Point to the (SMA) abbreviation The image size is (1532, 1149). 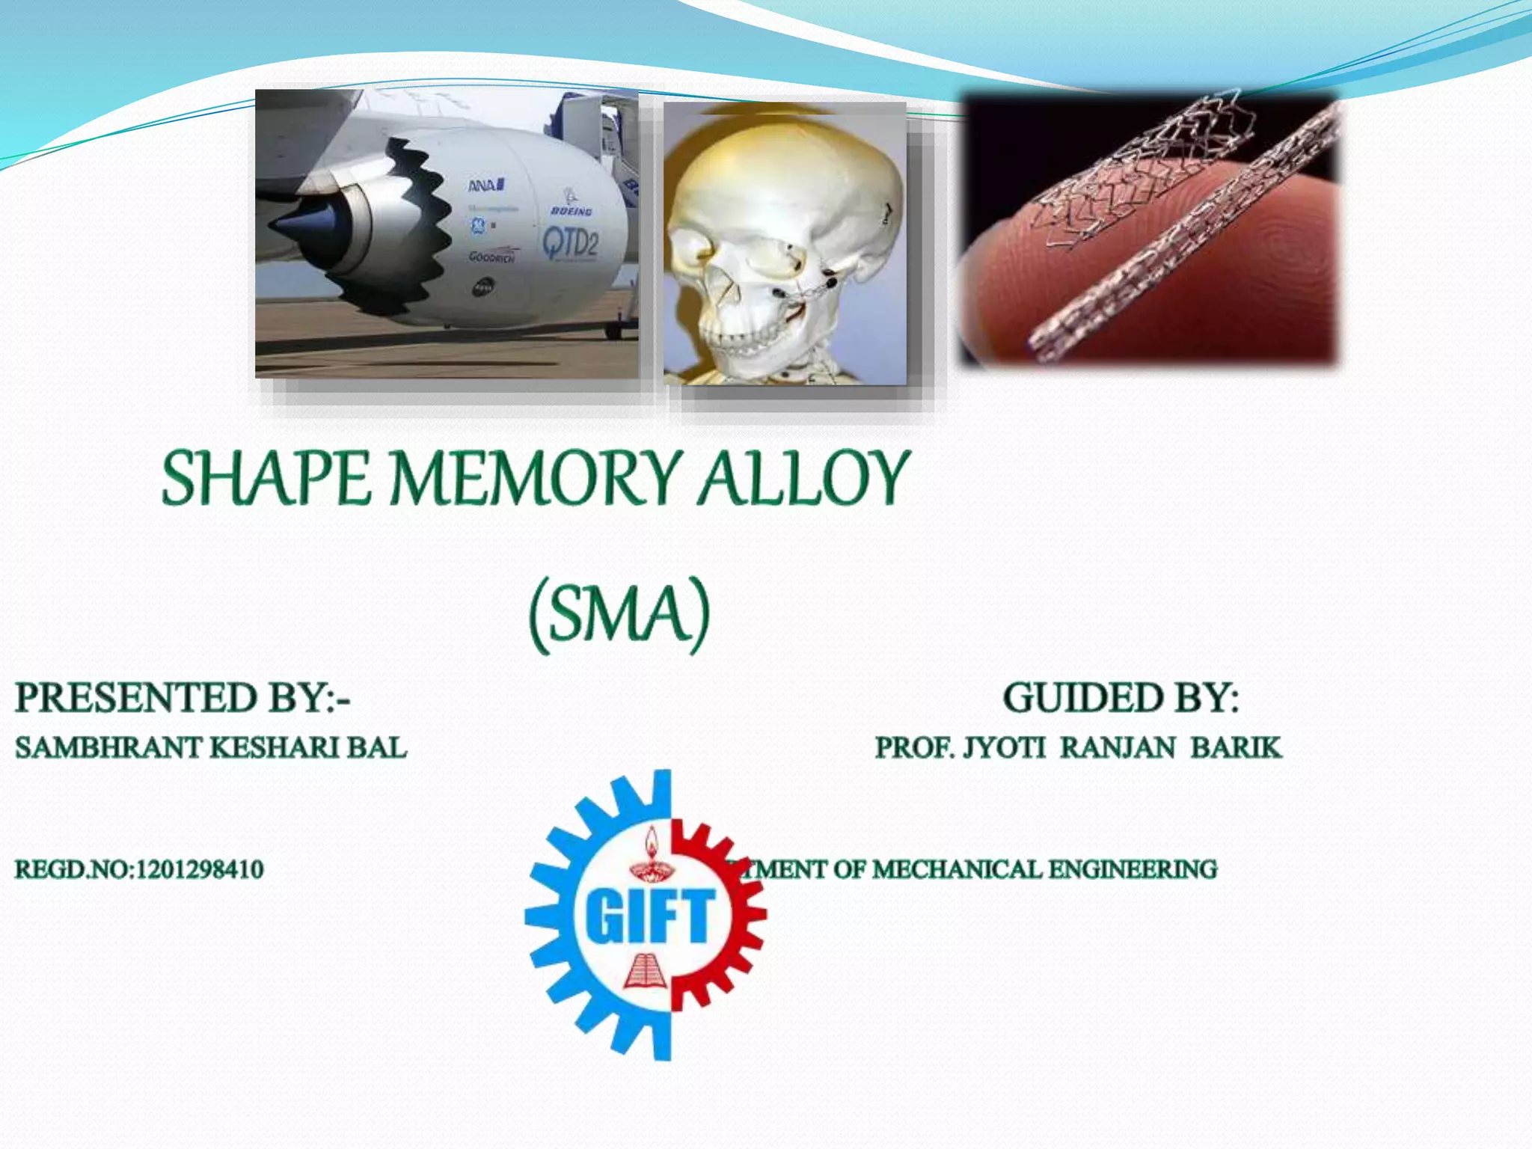619,613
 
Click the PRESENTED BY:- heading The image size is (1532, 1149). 183,697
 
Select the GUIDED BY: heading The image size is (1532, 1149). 1121,697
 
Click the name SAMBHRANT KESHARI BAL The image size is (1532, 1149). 211,747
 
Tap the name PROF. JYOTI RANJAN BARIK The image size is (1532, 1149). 1078,747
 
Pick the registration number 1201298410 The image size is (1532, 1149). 200,869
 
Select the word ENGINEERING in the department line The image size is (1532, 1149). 1133,869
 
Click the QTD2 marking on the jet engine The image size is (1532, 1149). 570,243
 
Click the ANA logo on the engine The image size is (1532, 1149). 486,184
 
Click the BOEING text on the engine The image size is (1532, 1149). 572,212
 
